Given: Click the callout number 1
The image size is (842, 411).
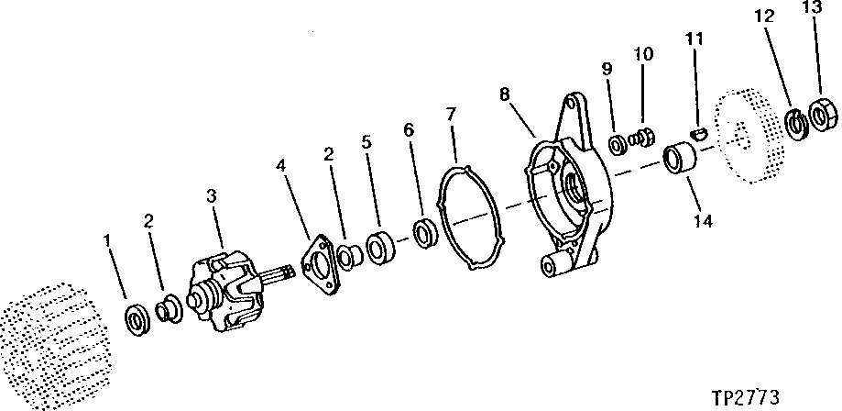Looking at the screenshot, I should click(107, 241).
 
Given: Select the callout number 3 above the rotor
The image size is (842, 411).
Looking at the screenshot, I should click(212, 195).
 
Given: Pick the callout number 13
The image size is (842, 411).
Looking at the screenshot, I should click(812, 8).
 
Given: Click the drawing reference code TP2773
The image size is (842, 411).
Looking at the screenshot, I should click(745, 397).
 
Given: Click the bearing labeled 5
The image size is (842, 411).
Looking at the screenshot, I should click(381, 249).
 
